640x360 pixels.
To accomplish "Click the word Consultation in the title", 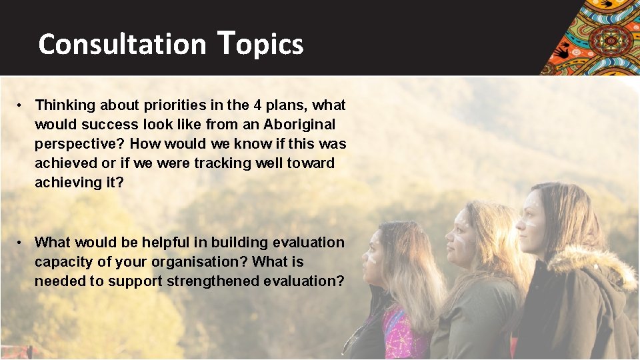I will click(x=122, y=45).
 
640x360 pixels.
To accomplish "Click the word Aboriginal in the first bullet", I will click(x=299, y=125).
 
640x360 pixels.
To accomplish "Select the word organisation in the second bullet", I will click(x=204, y=262).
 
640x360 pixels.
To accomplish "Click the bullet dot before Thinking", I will click(x=22, y=105).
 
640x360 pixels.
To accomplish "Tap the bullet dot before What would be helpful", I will click(x=22, y=243).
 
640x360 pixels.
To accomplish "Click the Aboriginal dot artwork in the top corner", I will click(x=593, y=37).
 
